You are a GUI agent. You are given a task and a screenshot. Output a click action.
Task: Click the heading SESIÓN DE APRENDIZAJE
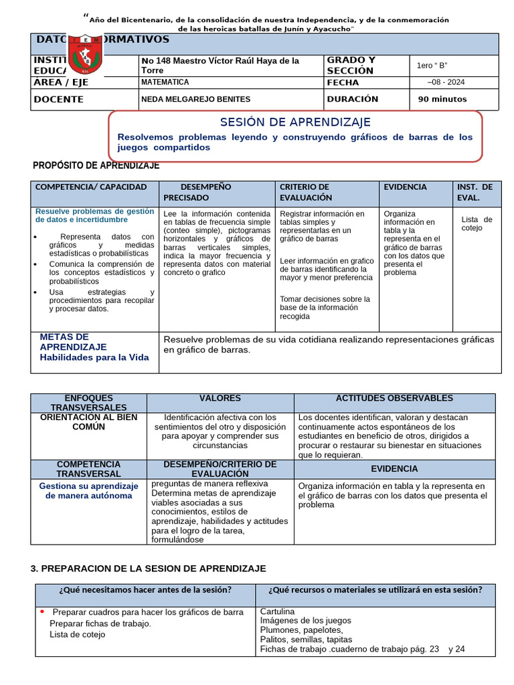(x=295, y=122)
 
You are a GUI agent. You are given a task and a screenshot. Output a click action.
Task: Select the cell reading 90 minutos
(x=442, y=99)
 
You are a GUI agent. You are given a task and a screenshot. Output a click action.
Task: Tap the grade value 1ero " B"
(x=432, y=65)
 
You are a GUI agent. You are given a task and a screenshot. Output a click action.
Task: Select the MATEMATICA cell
(x=165, y=82)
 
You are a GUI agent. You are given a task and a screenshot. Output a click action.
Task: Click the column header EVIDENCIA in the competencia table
(x=405, y=187)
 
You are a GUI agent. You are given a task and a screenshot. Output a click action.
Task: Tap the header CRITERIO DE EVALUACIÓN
(x=306, y=193)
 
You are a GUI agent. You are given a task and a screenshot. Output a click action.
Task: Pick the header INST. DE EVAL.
(x=475, y=193)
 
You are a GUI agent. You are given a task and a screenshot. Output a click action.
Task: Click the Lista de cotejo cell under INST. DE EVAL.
(x=477, y=223)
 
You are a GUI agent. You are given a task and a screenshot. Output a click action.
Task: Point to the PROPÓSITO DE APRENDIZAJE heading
(x=96, y=165)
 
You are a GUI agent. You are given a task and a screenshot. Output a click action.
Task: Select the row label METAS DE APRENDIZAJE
(x=74, y=342)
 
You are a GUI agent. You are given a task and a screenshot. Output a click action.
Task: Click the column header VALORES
(x=220, y=398)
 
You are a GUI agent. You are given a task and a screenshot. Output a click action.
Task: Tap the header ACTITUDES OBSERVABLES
(x=394, y=398)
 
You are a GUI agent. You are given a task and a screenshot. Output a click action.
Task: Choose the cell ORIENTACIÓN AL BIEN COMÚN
(x=88, y=422)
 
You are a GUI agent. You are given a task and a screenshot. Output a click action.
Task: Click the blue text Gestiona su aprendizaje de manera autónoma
(x=88, y=491)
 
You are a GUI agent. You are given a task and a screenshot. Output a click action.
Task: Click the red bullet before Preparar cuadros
(x=42, y=611)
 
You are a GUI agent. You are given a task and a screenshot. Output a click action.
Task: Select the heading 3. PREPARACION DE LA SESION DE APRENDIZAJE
(x=148, y=568)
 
